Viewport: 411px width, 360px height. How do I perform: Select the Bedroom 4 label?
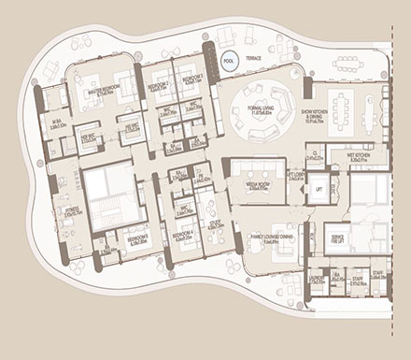182,238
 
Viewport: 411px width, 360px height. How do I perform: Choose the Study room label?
216,224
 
